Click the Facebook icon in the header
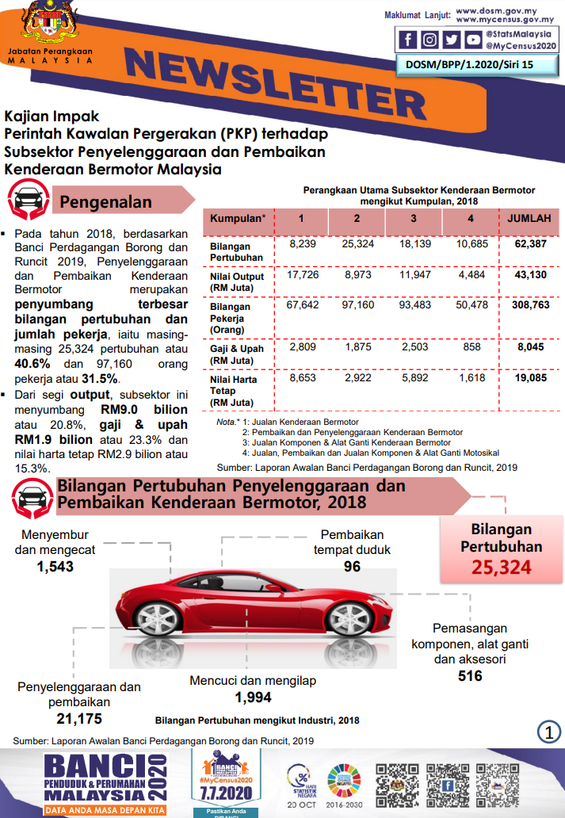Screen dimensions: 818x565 point(407,40)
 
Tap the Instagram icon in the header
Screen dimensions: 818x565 point(429,40)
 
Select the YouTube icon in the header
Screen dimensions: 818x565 point(473,40)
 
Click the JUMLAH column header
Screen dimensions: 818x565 point(530,219)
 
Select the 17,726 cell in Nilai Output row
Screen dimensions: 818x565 point(302,274)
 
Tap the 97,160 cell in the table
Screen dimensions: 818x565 point(357,304)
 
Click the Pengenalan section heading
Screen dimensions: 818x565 point(105,202)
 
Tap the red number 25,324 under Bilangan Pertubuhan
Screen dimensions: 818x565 point(501,567)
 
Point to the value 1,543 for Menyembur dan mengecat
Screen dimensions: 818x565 point(55,567)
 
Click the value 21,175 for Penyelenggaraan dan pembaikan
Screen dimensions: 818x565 point(79,719)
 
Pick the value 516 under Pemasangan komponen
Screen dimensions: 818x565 point(470,676)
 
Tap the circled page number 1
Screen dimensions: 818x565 point(548,731)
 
